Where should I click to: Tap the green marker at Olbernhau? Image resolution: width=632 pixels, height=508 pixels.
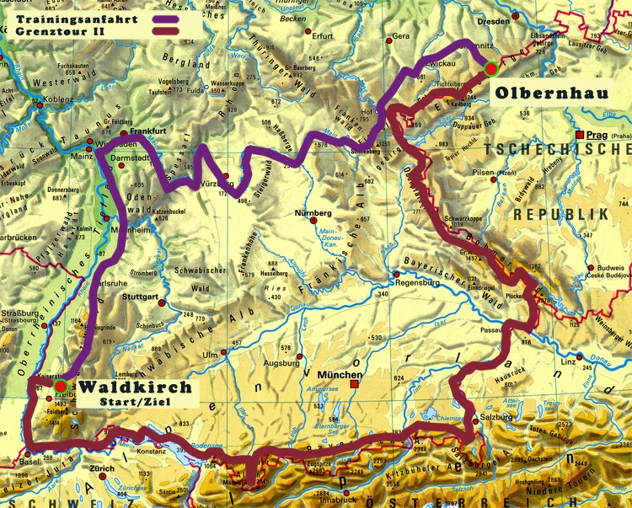[491, 70]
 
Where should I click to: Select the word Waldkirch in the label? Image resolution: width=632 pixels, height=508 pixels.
[134, 388]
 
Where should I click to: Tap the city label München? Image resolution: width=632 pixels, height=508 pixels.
[340, 376]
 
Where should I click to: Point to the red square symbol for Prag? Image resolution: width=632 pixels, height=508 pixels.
[580, 135]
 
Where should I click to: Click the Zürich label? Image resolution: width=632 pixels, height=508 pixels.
[103, 468]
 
